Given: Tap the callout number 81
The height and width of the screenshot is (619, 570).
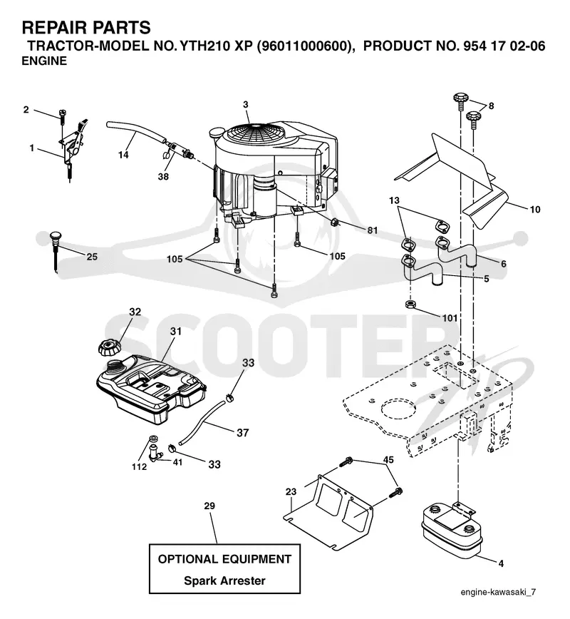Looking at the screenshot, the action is (373, 230).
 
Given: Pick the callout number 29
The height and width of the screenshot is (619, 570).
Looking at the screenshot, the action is (209, 506).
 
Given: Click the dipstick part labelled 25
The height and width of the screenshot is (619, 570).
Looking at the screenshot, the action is (56, 251).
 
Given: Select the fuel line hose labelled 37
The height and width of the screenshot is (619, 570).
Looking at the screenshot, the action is (203, 422).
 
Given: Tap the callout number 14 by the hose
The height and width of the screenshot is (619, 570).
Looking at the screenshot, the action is (123, 155).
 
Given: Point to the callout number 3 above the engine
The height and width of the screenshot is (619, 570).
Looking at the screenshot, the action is (246, 105).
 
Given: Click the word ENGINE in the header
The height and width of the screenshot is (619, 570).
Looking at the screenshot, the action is (44, 61).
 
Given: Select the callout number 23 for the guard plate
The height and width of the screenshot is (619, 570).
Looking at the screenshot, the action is (291, 492).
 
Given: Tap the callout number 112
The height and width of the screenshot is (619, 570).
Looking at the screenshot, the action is (139, 466).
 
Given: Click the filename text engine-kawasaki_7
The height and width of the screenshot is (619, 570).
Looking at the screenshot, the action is (498, 591).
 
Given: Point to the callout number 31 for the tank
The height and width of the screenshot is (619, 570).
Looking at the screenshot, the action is (175, 331).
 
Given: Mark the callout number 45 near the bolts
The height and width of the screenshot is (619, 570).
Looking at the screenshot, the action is (388, 460).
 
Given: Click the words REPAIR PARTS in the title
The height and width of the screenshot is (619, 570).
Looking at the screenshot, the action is (86, 28).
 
